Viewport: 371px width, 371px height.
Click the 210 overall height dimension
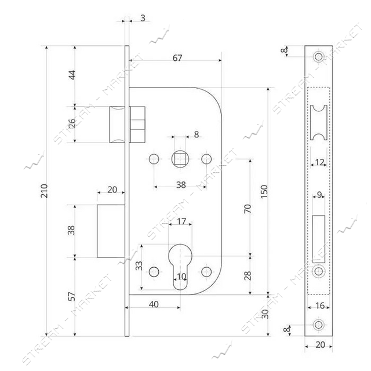45,191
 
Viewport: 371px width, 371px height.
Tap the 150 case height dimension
264,191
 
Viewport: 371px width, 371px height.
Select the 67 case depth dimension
177,57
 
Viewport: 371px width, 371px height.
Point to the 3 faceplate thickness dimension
143,18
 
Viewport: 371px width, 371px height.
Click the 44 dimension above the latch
72,75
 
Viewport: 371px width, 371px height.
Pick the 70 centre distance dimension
248,209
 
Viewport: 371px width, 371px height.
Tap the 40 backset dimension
154,304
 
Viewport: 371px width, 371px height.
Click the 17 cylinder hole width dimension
181,221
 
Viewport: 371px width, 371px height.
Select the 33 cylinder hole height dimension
139,265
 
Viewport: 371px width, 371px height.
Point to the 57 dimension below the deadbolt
72,296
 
